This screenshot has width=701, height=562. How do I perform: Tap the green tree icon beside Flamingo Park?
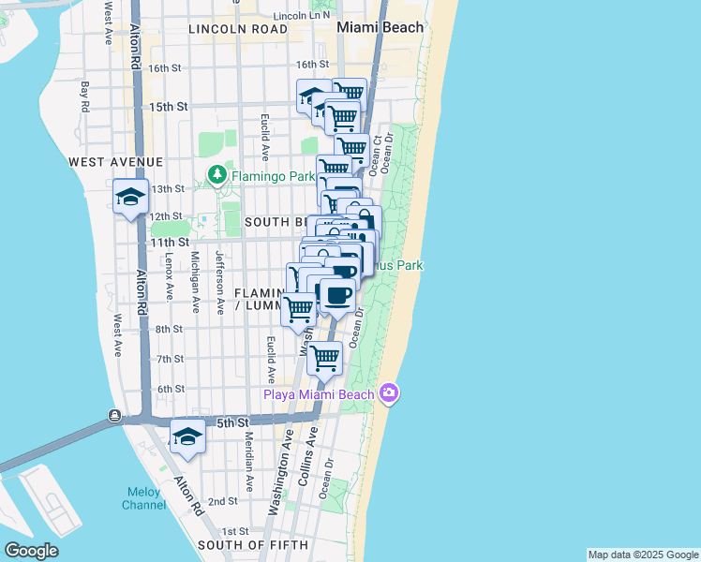click(x=216, y=175)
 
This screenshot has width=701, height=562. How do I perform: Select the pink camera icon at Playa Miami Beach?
click(x=389, y=393)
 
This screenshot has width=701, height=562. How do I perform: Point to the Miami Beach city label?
click(x=380, y=27)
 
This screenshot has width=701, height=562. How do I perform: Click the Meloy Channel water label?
click(x=143, y=498)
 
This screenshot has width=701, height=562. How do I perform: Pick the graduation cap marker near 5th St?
click(x=187, y=437)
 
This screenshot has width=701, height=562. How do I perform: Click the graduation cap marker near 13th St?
click(x=130, y=197)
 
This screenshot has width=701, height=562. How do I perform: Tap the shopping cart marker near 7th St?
click(x=324, y=357)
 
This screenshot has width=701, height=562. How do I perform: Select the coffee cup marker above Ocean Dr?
click(x=337, y=295)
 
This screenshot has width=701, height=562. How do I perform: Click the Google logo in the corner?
click(x=31, y=551)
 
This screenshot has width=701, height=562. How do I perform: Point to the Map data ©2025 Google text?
click(x=643, y=555)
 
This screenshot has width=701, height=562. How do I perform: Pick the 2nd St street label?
click(x=222, y=501)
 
